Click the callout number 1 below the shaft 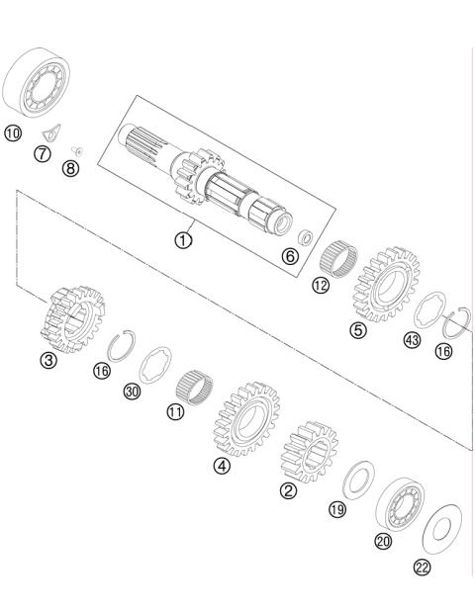pyautogui.click(x=184, y=237)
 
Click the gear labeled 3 pyautogui.click(x=71, y=317)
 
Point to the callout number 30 pyautogui.click(x=132, y=393)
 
